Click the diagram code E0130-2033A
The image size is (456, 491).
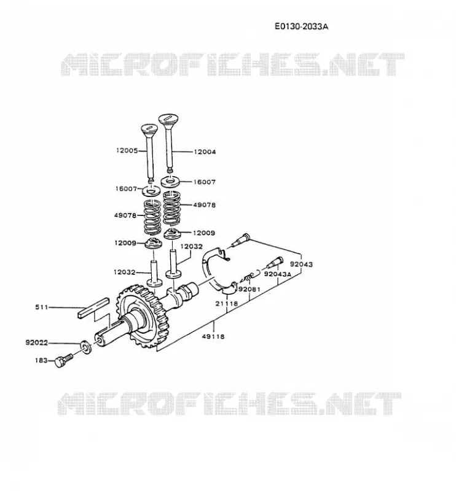tap(301, 26)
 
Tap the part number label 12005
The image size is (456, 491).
tap(127, 150)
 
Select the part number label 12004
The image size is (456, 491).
tap(205, 152)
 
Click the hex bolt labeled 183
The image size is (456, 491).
tap(63, 360)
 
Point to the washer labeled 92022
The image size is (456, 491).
tap(85, 346)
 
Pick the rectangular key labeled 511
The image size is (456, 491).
tap(93, 307)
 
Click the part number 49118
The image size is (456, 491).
tap(213, 336)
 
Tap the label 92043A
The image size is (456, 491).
tap(278, 274)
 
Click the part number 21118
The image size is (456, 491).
tap(226, 303)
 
